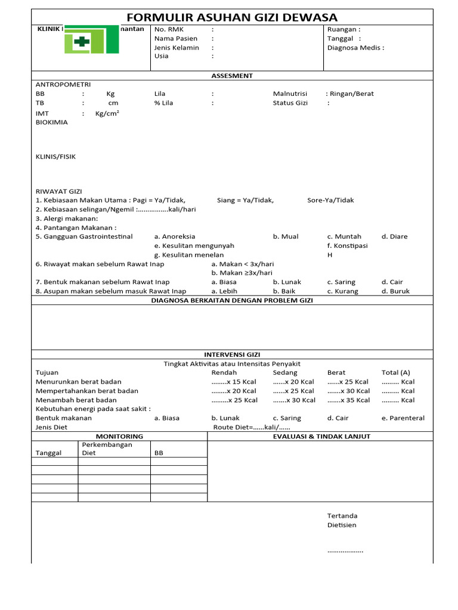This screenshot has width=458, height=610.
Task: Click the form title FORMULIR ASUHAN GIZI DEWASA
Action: coord(232,17)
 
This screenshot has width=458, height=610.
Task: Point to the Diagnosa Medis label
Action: coord(355,48)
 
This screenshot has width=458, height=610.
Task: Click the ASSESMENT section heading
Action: coord(232,76)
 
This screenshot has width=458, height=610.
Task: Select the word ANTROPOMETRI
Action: coord(63,85)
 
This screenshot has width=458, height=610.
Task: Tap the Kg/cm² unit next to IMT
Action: coord(107,113)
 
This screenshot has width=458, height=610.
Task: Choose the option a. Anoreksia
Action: coord(175,236)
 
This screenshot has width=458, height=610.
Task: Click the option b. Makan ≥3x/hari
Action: coord(237,273)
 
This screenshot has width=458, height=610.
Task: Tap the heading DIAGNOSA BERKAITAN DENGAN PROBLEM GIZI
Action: coord(232,301)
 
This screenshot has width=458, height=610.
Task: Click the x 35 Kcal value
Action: coord(348,400)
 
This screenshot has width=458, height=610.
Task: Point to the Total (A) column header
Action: coord(395,372)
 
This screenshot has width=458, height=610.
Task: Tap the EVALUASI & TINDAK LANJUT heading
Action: coord(321,437)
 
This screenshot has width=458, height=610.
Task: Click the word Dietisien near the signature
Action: coord(342,525)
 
